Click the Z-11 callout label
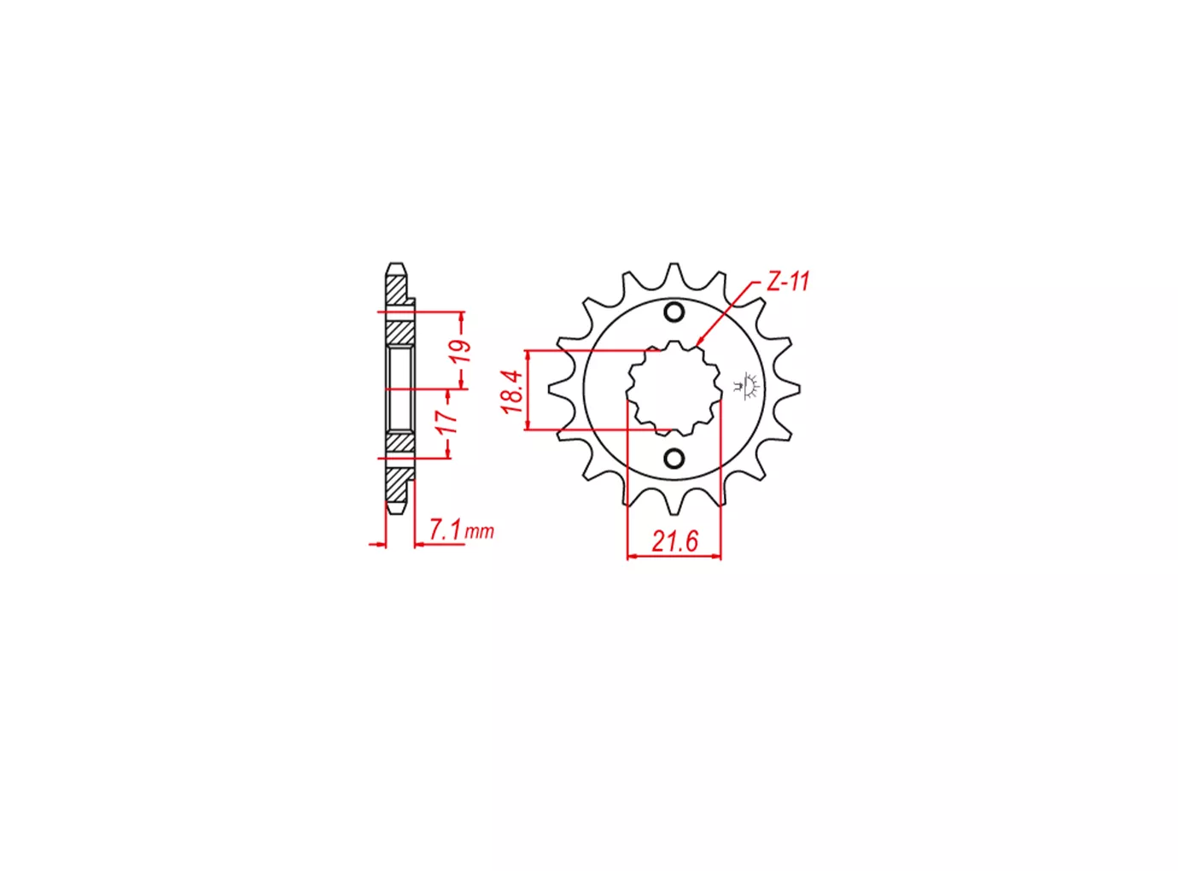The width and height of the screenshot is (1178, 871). [x=788, y=282]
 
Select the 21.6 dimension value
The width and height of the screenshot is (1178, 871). [x=674, y=542]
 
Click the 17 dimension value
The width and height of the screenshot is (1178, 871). [x=447, y=421]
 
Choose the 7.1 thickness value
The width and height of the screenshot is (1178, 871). [x=445, y=530]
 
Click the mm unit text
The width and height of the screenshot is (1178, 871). [x=480, y=531]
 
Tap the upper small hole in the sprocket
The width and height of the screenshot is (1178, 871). [x=674, y=312]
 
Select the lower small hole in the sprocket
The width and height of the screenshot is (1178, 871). [x=674, y=458]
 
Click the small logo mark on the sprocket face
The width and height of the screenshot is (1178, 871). [x=751, y=386]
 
